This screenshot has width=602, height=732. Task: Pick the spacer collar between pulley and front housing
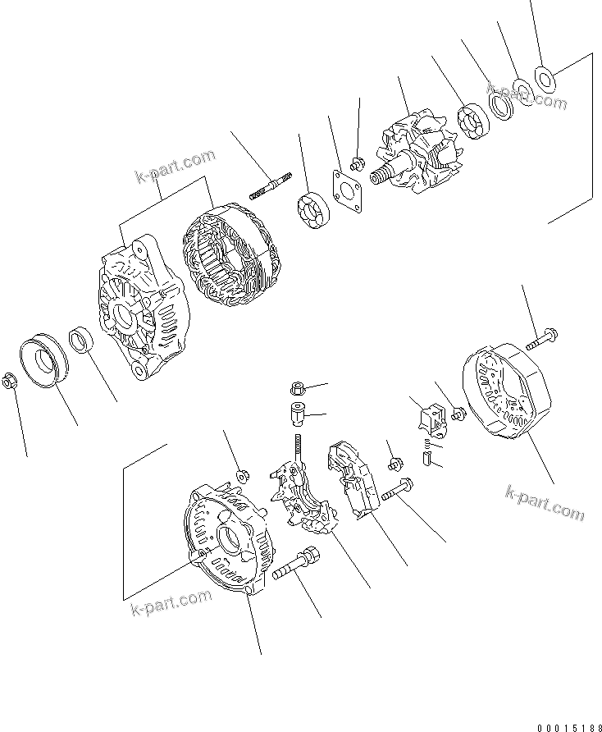pos(83,340)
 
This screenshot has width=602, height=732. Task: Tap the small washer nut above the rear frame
pos(244,475)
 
